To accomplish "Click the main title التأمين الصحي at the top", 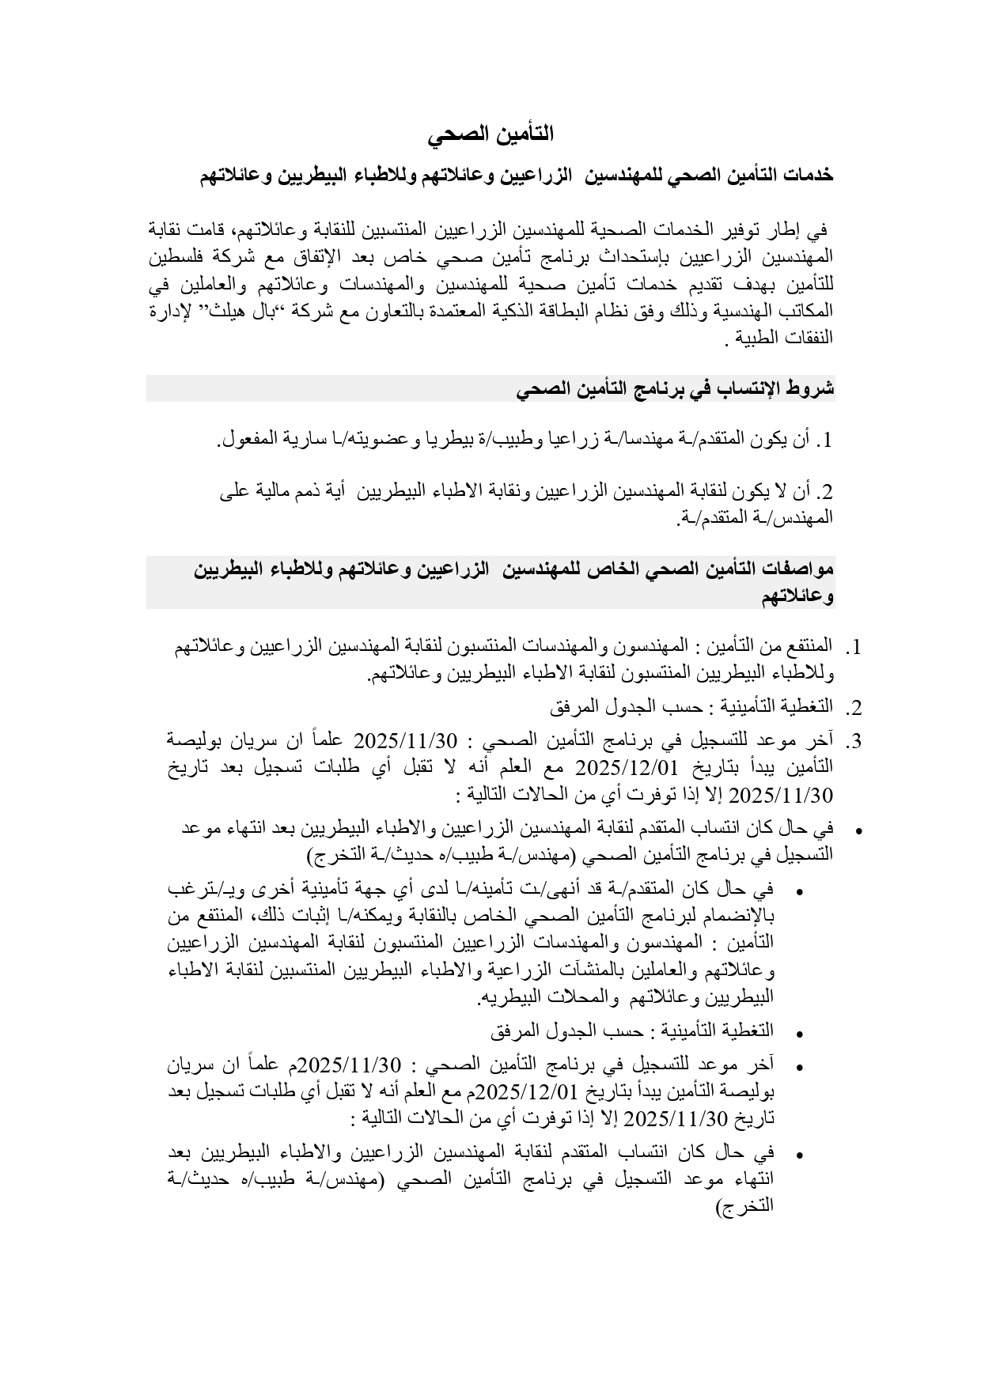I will click(490, 135).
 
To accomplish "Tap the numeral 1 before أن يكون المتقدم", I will click(828, 441).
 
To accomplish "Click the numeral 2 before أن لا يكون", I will click(827, 493).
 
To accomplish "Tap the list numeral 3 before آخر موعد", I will click(854, 742).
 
